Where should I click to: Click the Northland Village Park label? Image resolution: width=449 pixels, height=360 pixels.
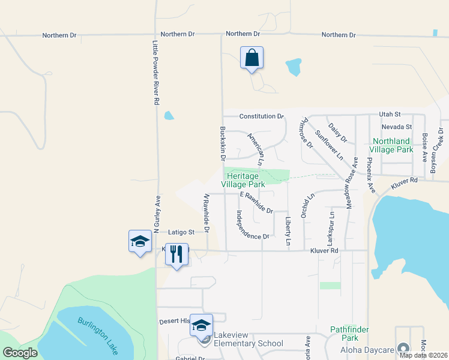coord(391,145)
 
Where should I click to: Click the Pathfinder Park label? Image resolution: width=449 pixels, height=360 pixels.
coord(349,334)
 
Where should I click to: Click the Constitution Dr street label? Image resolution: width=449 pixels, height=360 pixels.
coord(261,116)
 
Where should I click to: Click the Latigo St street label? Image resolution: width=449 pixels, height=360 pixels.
coord(182,232)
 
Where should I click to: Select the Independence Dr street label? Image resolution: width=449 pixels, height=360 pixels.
coord(252,225)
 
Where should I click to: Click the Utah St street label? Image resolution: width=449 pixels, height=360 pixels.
coord(389,114)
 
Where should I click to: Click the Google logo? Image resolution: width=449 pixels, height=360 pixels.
coord(20,353)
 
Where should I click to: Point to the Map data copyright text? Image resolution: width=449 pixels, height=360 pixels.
coord(424,355)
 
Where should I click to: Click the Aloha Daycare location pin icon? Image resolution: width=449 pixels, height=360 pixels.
coord(402,348)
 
